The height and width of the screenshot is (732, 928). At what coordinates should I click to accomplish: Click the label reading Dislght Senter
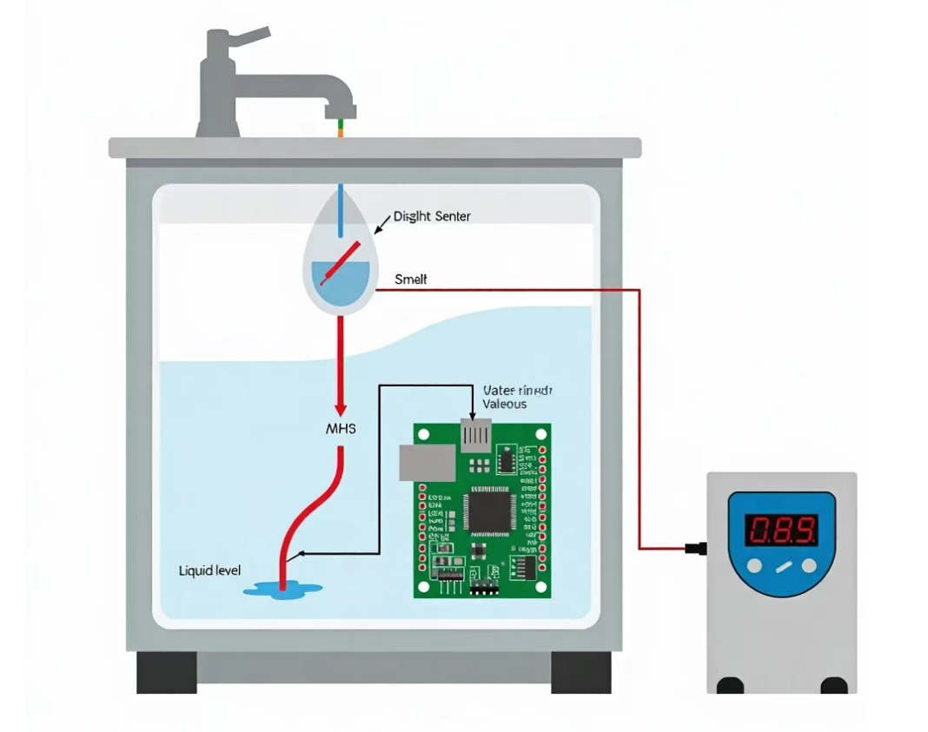(432, 216)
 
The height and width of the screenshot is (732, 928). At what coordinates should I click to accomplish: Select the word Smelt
(411, 280)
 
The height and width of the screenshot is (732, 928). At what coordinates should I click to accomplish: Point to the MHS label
(340, 429)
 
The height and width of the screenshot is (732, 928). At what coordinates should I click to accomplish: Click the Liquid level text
(209, 570)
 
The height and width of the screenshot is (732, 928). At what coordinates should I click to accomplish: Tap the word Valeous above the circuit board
(504, 404)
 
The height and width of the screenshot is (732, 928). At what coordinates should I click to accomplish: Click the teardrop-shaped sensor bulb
(340, 260)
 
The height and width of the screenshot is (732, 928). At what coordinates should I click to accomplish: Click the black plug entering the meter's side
(695, 548)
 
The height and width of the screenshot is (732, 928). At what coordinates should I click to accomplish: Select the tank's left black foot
(166, 671)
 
